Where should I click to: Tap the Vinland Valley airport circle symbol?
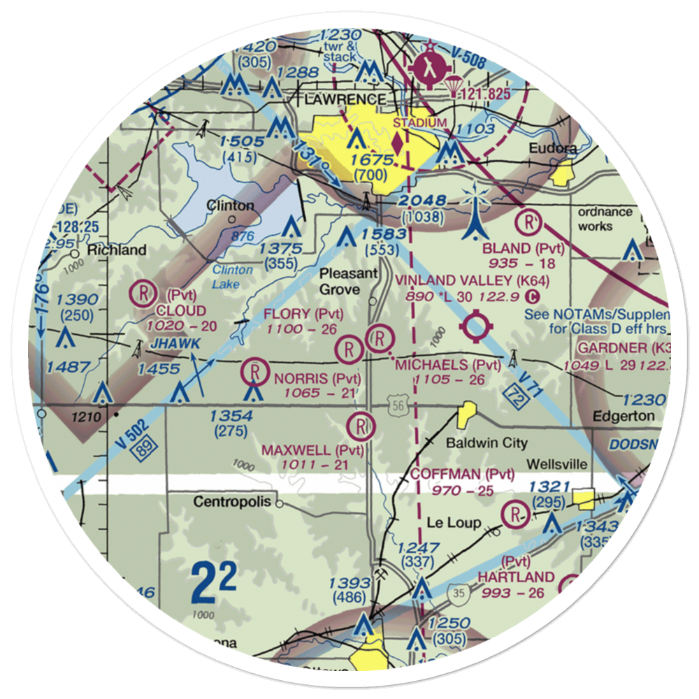coord(477,326)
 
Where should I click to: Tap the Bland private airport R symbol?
coord(530,224)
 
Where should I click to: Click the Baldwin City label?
coord(487,443)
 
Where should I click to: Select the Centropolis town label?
coord(234,501)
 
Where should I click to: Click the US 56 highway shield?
coord(396,405)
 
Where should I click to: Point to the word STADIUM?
coord(419,123)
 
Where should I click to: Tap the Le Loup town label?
coord(454,522)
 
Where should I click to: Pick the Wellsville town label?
coord(556,465)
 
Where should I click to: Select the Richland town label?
coord(117,250)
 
